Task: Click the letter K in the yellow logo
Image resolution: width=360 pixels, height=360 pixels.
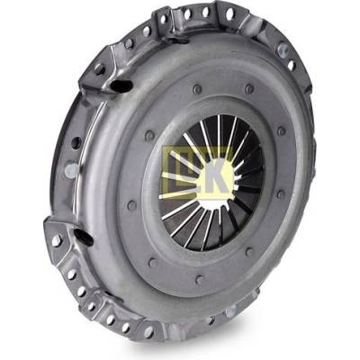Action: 220,175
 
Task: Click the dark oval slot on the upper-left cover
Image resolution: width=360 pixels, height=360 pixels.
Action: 121,86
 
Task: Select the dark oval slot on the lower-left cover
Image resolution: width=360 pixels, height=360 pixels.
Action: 84,236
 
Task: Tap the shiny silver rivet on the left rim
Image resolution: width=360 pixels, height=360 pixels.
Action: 71,170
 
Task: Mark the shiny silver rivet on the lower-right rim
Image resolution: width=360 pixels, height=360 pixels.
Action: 230,312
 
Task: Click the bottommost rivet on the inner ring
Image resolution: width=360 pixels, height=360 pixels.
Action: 199,280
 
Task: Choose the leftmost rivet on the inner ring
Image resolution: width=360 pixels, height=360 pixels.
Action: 132,205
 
